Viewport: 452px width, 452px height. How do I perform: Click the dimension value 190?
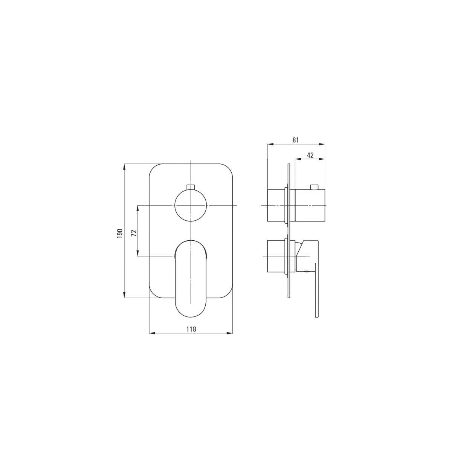pyautogui.click(x=120, y=234)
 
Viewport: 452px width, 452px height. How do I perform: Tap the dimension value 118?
pyautogui.click(x=191, y=329)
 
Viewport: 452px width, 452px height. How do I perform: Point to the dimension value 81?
pyautogui.click(x=296, y=140)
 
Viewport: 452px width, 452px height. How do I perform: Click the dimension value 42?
pyautogui.click(x=310, y=155)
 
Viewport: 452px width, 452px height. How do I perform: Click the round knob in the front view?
pyautogui.click(x=191, y=205)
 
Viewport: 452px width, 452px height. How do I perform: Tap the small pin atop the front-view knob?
pyautogui.click(x=191, y=187)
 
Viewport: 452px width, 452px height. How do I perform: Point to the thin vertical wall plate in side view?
pyautogui.click(x=289, y=231)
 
